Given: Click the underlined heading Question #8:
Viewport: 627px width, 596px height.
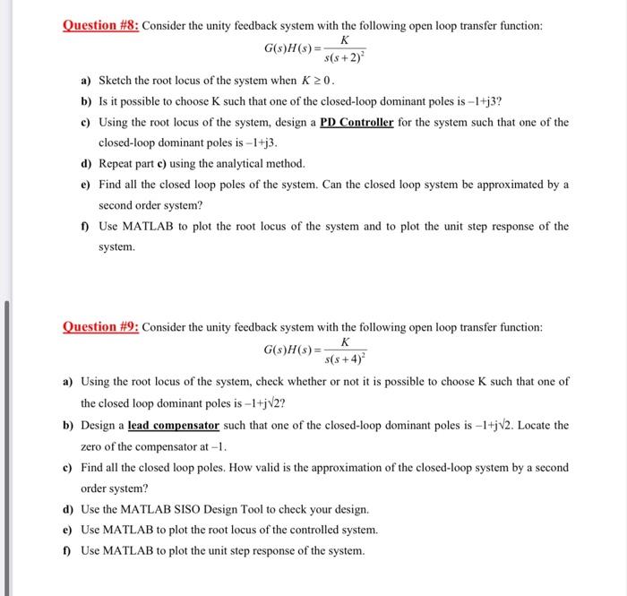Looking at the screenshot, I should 99,26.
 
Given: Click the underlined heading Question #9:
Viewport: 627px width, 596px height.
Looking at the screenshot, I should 99,327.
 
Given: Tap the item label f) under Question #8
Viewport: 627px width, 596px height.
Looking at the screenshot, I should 86,226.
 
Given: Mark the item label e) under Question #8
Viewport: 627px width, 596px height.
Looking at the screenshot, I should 86,184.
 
